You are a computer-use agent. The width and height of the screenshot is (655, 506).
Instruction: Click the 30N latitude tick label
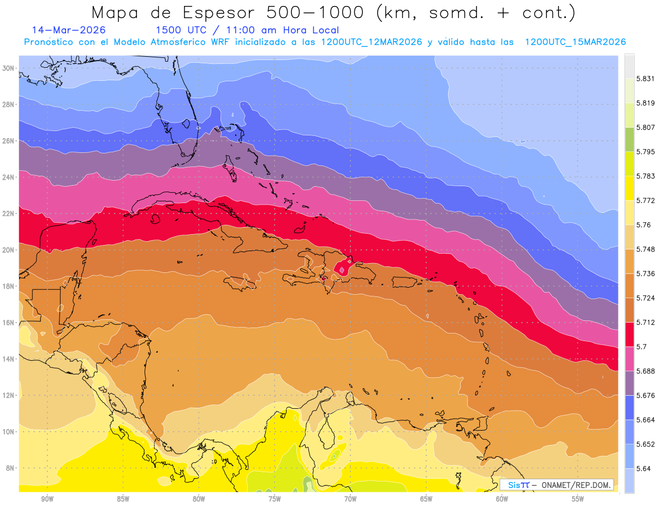(8, 68)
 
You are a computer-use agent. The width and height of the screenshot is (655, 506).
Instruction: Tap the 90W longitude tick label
(47, 499)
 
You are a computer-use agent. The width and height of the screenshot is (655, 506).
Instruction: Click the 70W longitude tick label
(350, 499)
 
